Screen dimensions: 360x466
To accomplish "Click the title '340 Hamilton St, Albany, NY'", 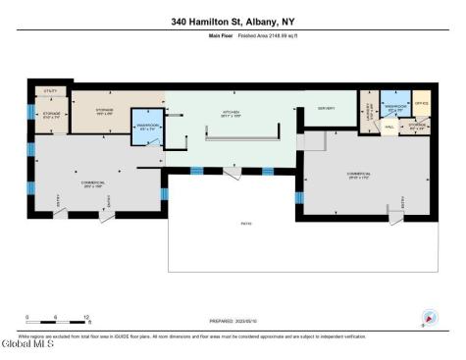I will click(233, 20).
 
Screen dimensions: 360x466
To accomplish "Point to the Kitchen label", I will click(232, 113).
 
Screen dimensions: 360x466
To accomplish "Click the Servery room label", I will click(327, 107).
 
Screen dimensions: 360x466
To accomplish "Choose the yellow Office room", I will click(420, 102).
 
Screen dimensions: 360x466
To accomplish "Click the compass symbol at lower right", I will click(424, 319).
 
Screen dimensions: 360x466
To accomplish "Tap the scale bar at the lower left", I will click(58, 320).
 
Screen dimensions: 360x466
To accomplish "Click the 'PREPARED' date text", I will click(233, 321).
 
